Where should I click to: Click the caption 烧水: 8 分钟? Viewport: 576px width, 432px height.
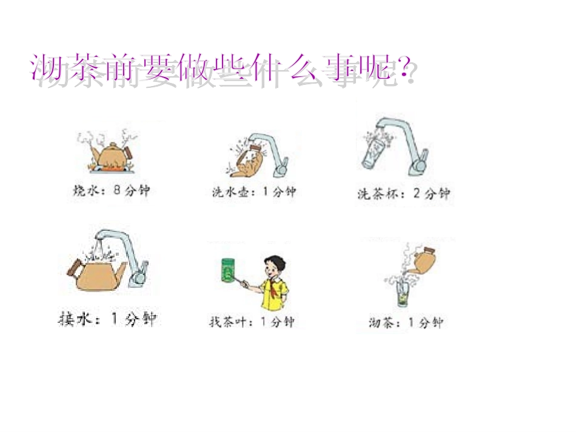(x=110, y=191)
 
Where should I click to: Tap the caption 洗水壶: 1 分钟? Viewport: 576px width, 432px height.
(x=253, y=192)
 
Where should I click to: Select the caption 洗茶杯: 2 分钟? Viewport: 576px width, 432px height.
(x=403, y=194)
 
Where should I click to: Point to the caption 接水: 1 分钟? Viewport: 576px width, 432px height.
(x=109, y=319)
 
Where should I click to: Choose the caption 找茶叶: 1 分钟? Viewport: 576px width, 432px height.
(x=251, y=322)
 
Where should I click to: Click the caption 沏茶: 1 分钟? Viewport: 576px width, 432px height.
(x=406, y=323)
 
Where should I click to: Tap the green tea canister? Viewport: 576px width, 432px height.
(x=229, y=271)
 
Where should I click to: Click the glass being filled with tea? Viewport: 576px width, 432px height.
(x=403, y=296)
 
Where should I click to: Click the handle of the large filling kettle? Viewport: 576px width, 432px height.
(x=76, y=267)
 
